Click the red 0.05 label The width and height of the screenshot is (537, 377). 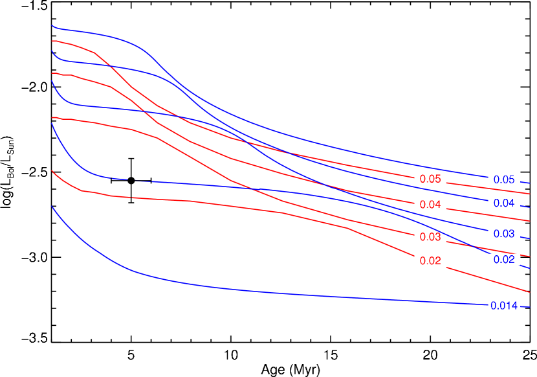[x=430, y=179]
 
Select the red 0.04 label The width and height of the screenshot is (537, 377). [x=430, y=205]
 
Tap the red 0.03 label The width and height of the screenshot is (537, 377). [x=430, y=237]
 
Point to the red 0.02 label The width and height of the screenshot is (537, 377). [x=430, y=261]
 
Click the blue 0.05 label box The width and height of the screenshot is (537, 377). [x=504, y=180]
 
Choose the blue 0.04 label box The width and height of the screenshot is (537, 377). [x=504, y=203]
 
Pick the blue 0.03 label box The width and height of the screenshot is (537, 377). [x=504, y=234]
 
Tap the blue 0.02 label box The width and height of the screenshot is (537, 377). [x=504, y=260]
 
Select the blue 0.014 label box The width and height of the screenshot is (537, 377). [x=504, y=306]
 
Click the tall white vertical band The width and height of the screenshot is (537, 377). [x=430, y=97]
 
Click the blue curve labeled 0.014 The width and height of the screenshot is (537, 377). [x=194, y=284]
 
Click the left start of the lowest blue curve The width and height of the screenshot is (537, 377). [x=52, y=207]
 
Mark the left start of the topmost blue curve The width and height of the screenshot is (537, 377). [x=52, y=26]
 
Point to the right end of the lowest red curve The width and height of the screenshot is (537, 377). [x=529, y=291]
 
